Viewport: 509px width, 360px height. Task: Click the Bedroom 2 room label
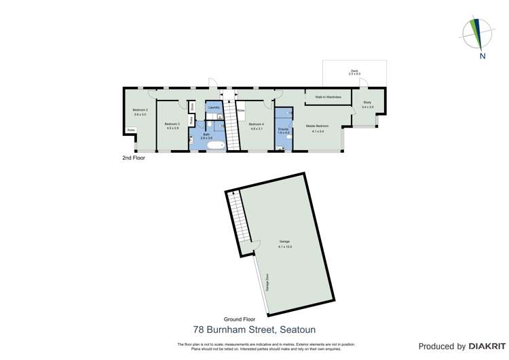tap(140, 110)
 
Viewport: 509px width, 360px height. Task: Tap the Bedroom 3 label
tap(172, 124)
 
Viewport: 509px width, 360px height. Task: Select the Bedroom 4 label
tap(256, 124)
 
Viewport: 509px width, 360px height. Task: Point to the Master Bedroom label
tap(317, 126)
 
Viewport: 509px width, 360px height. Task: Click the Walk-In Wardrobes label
tap(328, 97)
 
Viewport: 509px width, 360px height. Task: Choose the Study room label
tap(367, 103)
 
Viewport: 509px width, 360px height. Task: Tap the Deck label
tap(354, 71)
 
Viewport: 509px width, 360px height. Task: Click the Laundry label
tap(213, 107)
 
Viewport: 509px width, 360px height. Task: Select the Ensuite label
tap(284, 128)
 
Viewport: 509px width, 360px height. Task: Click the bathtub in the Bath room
tap(215, 145)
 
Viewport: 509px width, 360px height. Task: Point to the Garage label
tap(284, 242)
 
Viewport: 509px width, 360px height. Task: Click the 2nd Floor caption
tap(134, 158)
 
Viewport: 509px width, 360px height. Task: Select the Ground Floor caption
tap(240, 319)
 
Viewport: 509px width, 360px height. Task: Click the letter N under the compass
tap(482, 56)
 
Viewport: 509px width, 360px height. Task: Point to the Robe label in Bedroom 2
tap(131, 130)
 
